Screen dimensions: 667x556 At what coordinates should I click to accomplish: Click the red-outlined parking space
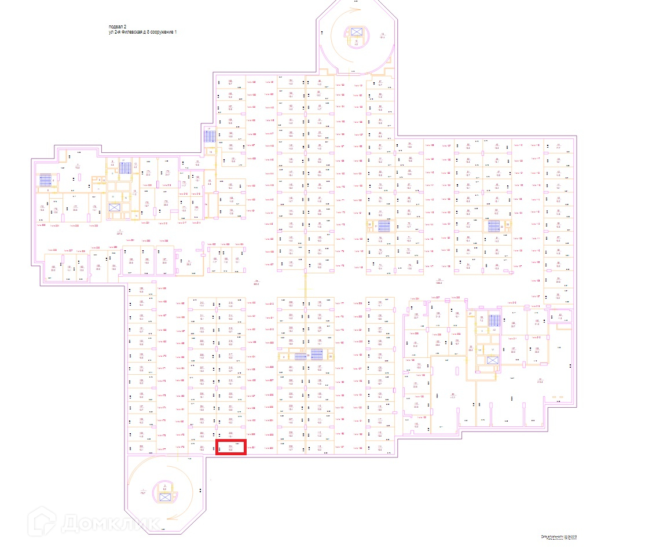click(x=231, y=448)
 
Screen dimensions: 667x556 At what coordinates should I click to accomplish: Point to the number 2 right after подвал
click(x=125, y=27)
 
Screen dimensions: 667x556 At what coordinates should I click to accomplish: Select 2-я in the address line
click(x=119, y=32)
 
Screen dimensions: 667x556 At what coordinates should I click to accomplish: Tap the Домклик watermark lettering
click(x=110, y=522)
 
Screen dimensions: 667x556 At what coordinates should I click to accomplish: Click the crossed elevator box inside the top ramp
click(x=356, y=31)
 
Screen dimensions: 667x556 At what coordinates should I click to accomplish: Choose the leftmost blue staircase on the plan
click(x=45, y=180)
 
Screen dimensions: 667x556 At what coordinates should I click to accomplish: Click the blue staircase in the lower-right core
click(x=494, y=320)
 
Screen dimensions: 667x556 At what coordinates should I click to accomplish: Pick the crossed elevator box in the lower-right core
click(x=492, y=360)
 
